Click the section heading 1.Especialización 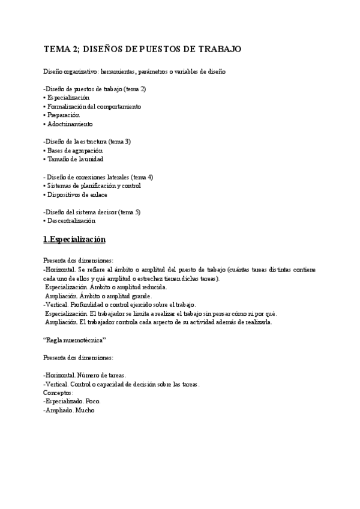coord(74,239)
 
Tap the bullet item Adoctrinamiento coord(68,124)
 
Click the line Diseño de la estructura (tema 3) coord(87,141)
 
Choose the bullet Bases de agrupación coord(73,150)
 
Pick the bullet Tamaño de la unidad coord(73,159)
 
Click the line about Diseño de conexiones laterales coord(98,177)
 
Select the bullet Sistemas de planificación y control coord(92,185)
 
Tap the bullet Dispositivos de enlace coord(76,194)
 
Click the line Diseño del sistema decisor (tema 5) coord(92,212)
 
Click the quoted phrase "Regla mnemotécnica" coord(74,340)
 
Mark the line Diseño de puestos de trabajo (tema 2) coord(94,89)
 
